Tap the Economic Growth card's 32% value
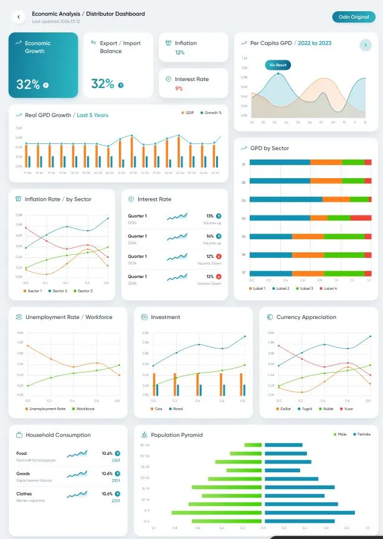coord(28,84)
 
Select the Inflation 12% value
coord(179,53)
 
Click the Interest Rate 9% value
coord(179,88)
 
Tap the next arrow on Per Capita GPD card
coord(366,45)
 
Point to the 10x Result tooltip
coord(277,65)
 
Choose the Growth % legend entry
coord(212,113)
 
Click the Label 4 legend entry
coord(329,289)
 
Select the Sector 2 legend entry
coord(58,291)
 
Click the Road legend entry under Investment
coord(176,409)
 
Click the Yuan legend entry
coord(347,409)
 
